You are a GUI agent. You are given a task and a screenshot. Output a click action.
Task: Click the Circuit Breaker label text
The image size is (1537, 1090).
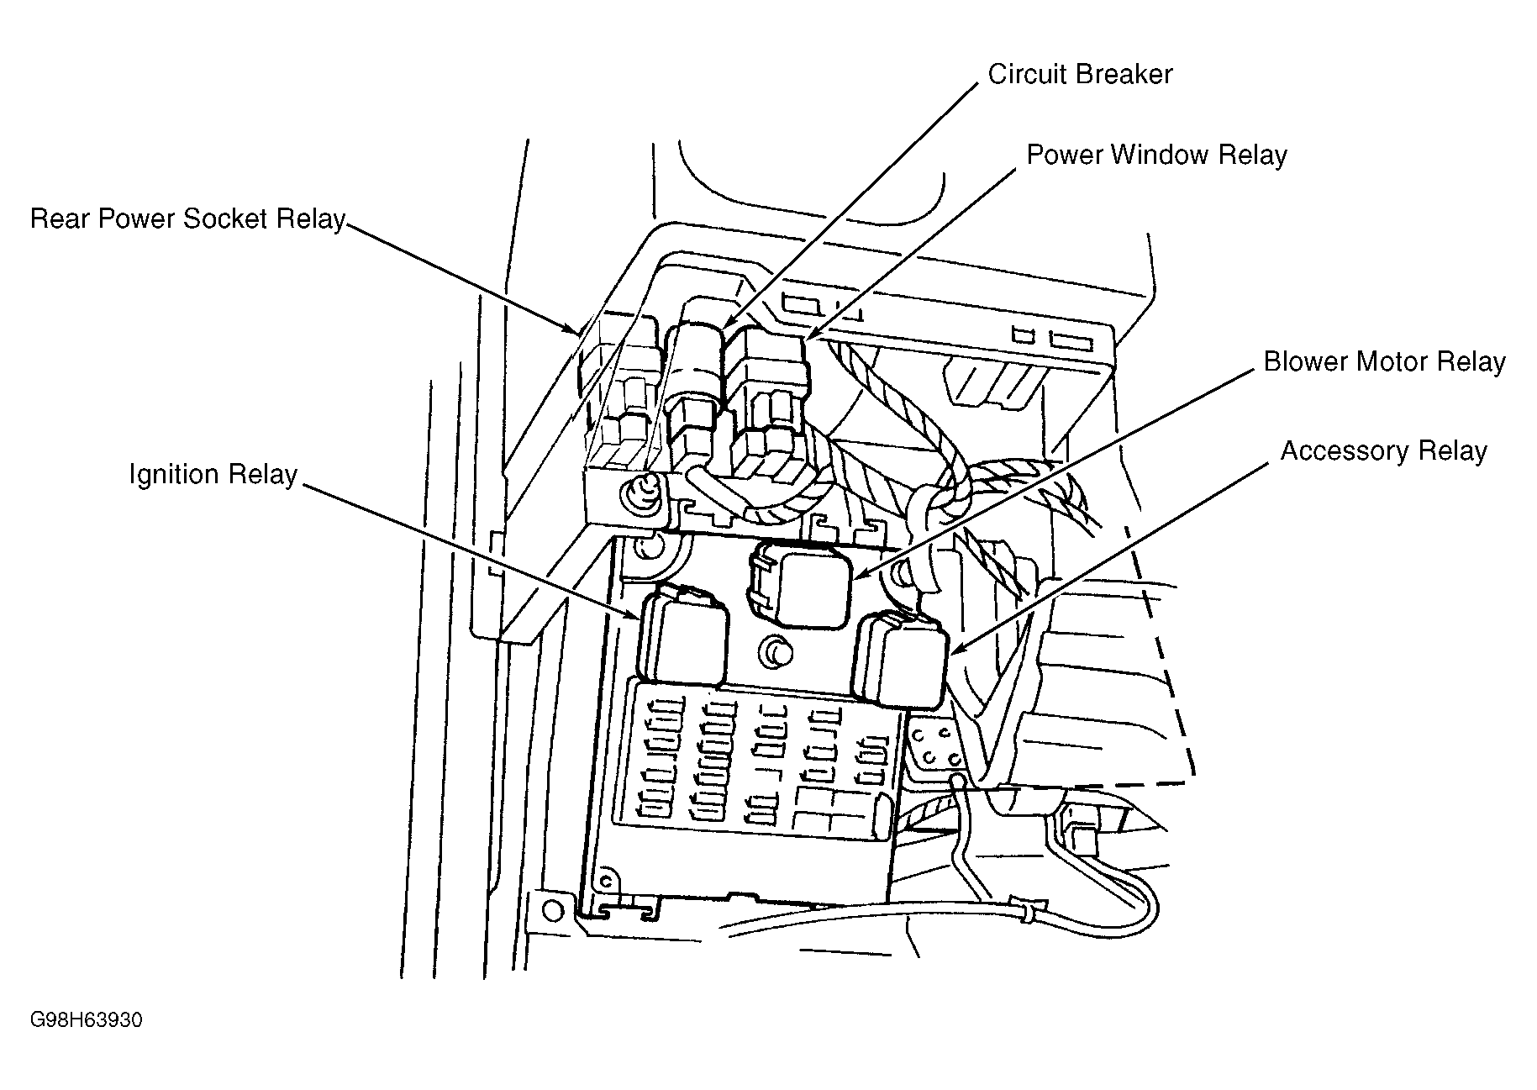1079,75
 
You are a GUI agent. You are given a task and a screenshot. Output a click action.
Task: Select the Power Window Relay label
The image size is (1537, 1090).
1156,155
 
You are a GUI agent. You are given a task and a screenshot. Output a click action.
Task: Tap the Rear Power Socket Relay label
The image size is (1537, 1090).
187,219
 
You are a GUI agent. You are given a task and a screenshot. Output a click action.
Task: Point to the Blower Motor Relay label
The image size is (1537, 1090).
1384,362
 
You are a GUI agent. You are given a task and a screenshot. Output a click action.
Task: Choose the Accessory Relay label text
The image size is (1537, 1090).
1383,451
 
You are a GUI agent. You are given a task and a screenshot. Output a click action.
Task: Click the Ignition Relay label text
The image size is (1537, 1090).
213,475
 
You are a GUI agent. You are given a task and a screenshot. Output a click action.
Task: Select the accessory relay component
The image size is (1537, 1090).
900,660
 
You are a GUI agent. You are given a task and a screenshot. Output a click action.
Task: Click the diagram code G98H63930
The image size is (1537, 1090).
86,1020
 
